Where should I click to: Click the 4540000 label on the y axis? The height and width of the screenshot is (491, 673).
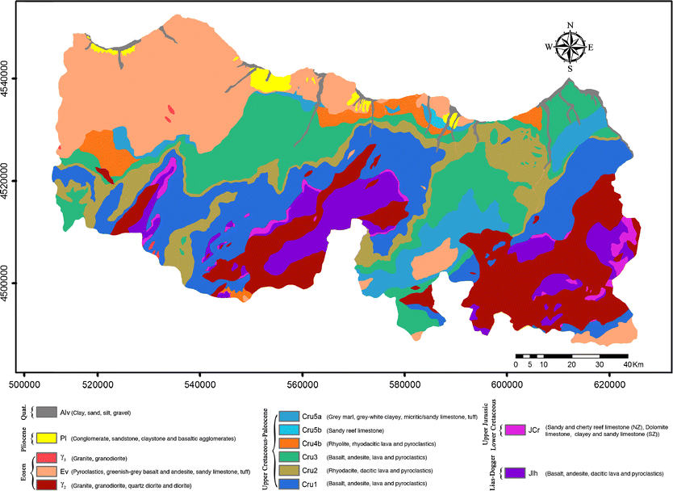pos(10,78)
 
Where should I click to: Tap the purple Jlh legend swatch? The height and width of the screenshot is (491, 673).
pos(512,472)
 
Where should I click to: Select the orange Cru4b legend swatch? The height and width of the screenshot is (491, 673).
pos(288,443)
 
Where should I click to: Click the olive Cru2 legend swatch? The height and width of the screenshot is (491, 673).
pos(288,470)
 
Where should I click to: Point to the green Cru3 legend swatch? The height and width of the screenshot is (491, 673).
pos(288,457)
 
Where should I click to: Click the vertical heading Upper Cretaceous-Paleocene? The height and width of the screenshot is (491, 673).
pos(265,448)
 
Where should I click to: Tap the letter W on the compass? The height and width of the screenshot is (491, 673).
pos(550,47)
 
